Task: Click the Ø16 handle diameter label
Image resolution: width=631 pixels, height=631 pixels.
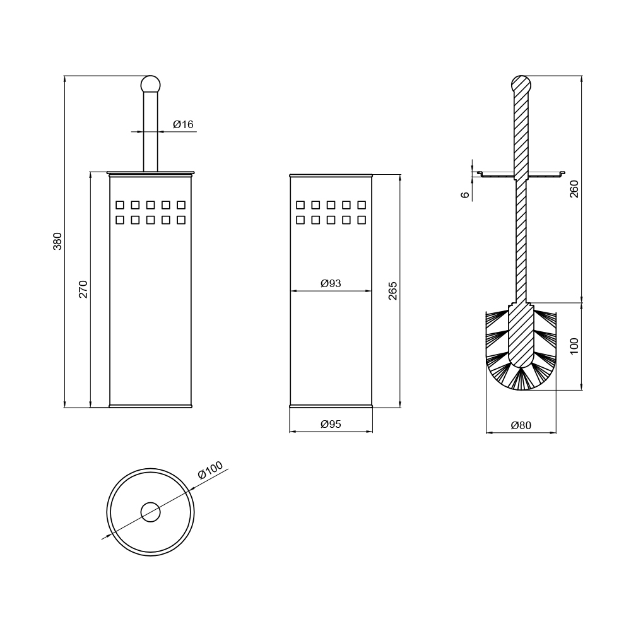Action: [183, 124]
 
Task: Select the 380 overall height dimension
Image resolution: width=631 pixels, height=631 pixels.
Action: [57, 241]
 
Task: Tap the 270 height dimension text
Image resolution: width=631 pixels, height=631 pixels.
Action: [83, 289]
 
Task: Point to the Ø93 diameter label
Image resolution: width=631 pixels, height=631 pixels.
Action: [331, 283]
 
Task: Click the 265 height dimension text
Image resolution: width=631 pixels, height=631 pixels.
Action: [392, 290]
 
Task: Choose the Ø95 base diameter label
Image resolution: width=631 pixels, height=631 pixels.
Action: [331, 424]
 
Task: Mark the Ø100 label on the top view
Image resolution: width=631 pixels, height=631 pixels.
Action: [210, 470]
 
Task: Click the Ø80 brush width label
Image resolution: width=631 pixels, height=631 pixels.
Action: [521, 425]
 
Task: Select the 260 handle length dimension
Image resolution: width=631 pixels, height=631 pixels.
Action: [574, 189]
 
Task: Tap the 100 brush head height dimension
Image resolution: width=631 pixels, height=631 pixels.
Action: [574, 346]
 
